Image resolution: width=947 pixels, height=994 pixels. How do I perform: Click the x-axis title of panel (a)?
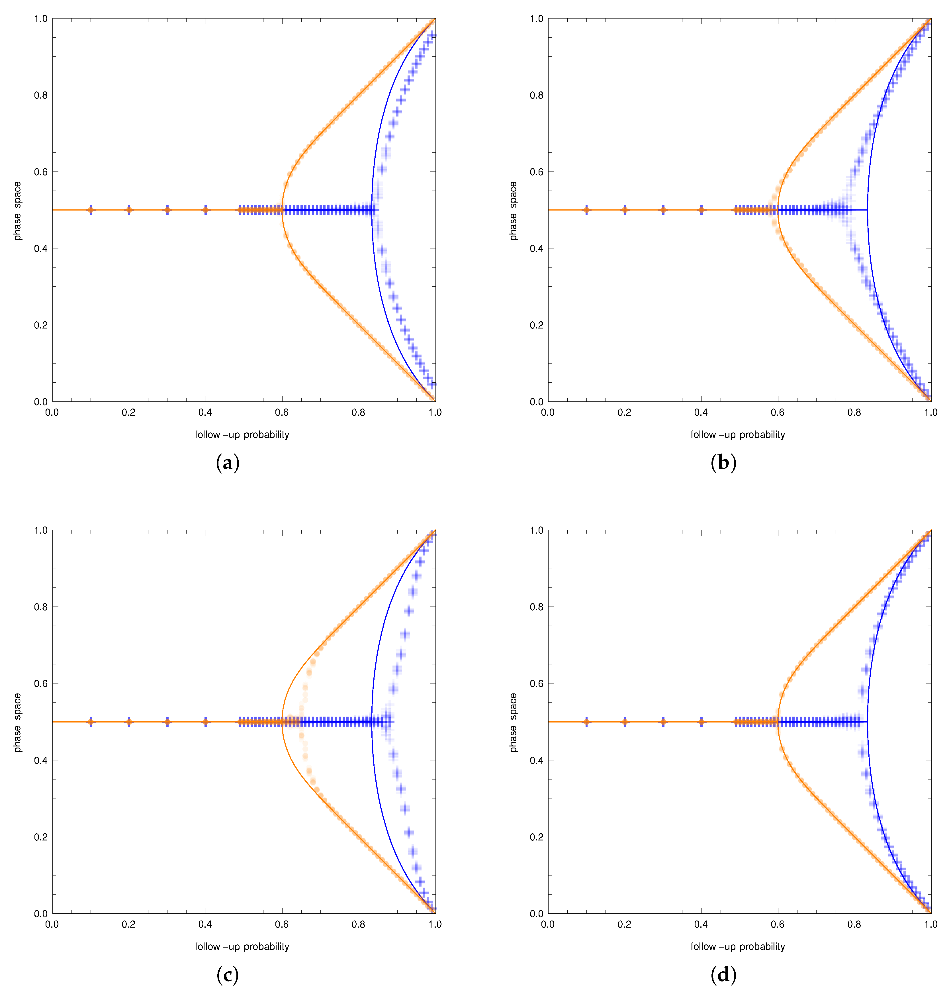(x=242, y=435)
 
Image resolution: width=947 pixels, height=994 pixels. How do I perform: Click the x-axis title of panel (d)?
(x=737, y=946)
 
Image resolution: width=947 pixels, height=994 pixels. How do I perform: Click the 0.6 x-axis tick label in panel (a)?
(x=282, y=413)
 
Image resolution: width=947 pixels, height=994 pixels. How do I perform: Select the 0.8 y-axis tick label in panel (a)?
(x=41, y=95)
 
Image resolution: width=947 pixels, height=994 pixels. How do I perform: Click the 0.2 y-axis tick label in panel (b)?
(x=537, y=325)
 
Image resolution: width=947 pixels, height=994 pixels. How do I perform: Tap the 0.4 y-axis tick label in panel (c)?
(x=41, y=760)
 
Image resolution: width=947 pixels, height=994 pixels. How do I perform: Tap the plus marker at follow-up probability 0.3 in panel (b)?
(x=663, y=210)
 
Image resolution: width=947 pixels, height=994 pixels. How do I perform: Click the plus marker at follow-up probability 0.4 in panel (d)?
(x=701, y=722)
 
